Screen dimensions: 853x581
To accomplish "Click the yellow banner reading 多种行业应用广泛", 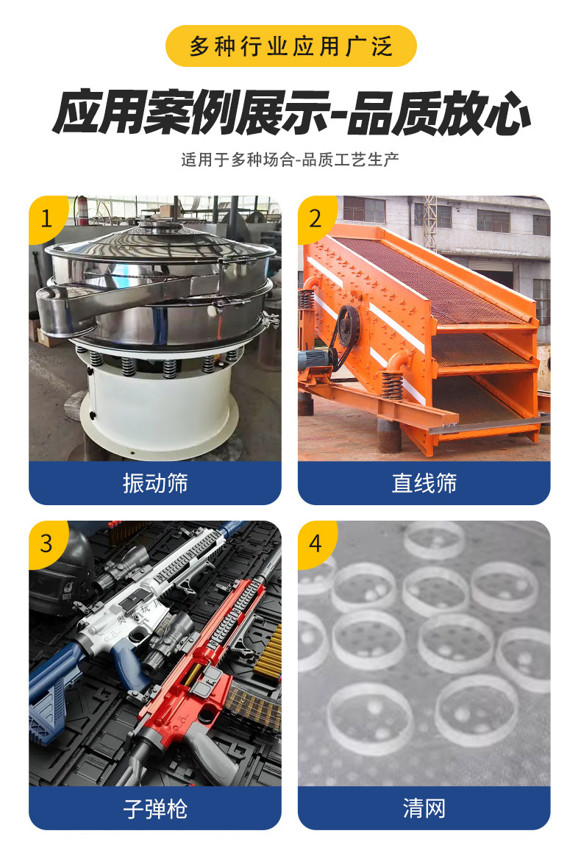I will (290, 46).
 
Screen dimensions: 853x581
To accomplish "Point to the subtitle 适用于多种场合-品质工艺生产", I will (290, 160).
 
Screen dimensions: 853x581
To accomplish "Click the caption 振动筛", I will (155, 483).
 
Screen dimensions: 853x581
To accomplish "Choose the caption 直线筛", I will (424, 483).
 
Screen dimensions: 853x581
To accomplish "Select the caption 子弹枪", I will (155, 809).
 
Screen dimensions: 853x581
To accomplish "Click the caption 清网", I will (424, 809).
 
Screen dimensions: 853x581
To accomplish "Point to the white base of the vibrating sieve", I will (158, 412).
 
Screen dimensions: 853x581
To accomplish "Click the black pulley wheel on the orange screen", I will (346, 327).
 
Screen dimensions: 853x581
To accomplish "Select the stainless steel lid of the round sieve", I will (158, 235).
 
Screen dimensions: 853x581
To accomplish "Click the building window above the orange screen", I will (493, 221).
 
